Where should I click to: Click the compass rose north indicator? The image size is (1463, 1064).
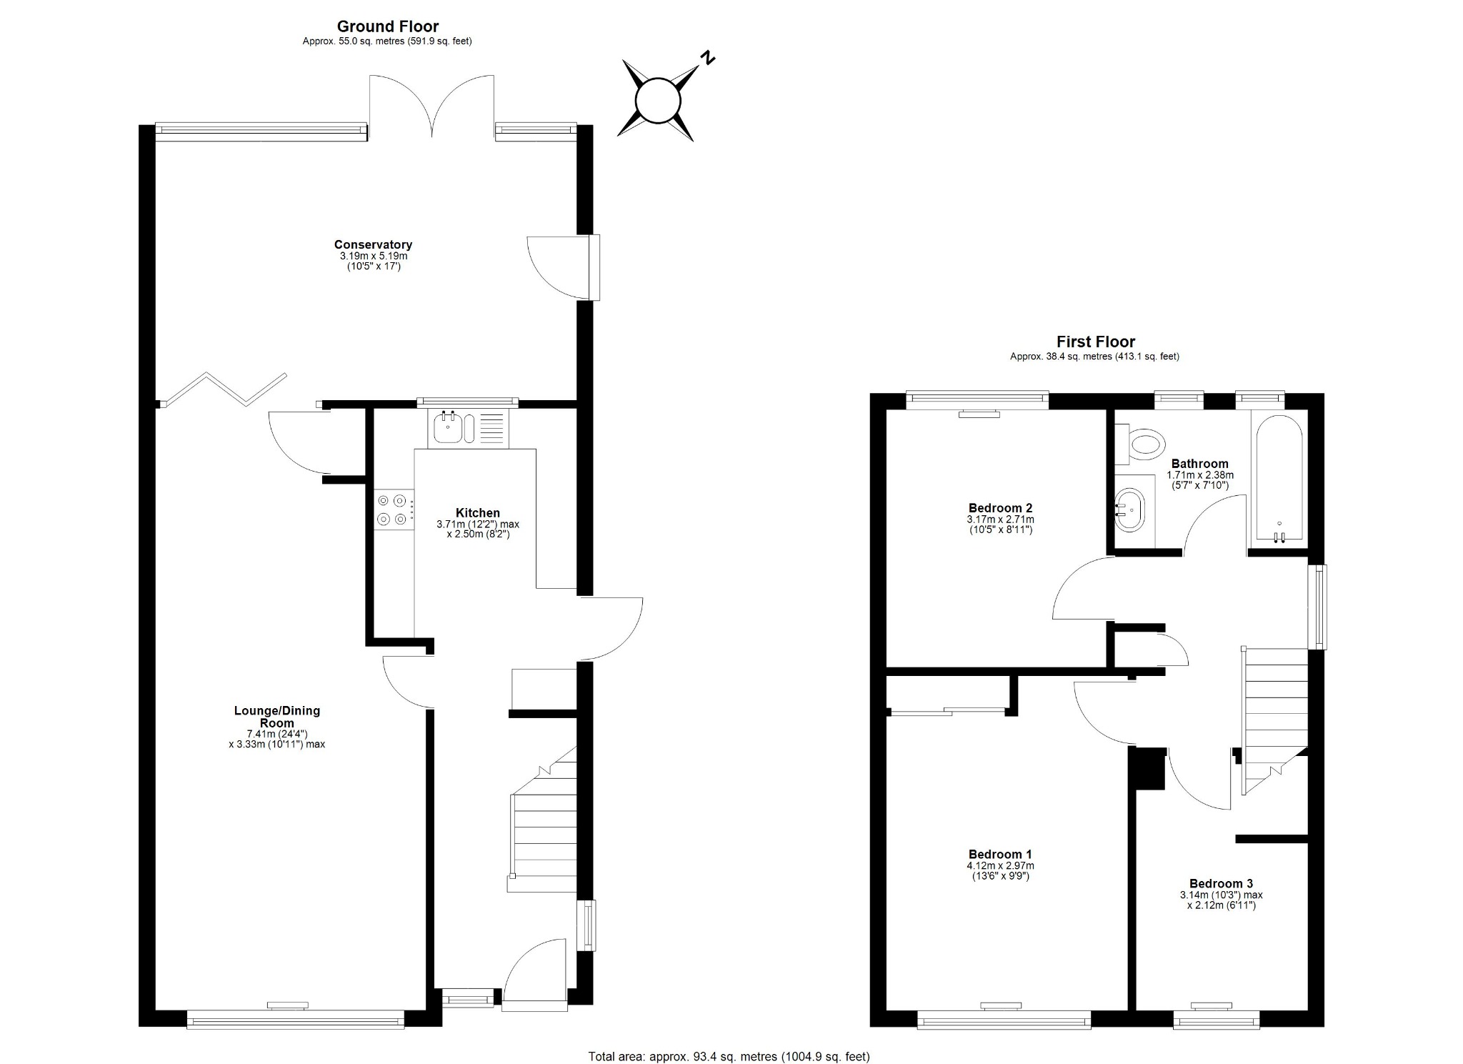(707, 58)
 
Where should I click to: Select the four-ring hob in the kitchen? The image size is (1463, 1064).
(394, 509)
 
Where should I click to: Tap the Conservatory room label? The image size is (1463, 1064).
(373, 245)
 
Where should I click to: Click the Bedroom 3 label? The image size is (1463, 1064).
(1221, 883)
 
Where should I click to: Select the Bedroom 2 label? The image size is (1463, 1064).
(1000, 509)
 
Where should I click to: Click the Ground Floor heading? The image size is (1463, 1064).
(387, 27)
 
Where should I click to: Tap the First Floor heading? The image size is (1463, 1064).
(1095, 342)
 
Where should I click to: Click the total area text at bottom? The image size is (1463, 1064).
(729, 1056)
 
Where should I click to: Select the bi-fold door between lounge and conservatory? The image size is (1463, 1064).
(223, 389)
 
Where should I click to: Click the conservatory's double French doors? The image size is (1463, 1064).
(431, 107)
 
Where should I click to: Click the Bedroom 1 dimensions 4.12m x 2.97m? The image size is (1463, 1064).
(1000, 865)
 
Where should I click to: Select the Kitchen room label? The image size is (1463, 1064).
(478, 513)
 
